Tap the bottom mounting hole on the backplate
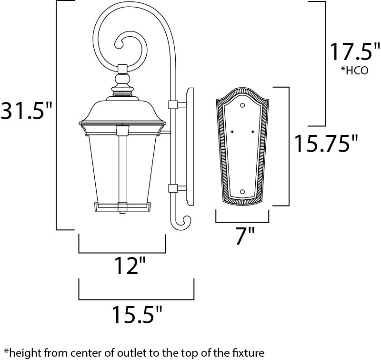[x=242, y=192]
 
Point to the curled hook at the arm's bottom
[x=184, y=222]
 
